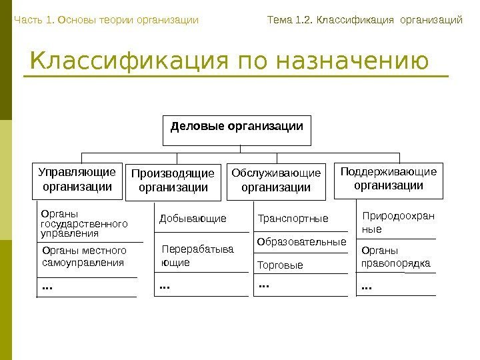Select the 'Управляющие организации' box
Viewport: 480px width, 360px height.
tap(77, 180)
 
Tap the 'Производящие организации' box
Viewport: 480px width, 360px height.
tap(173, 181)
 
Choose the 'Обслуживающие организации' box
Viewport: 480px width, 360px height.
tap(276, 181)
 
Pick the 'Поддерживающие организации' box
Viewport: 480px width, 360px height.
tap(389, 179)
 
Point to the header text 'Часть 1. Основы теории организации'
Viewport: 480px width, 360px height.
tap(106, 20)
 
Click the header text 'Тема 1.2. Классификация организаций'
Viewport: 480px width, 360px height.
tap(364, 20)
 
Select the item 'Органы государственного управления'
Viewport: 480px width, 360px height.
tap(84, 225)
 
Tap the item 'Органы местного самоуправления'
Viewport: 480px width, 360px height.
tap(84, 257)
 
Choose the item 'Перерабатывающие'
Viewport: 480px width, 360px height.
tap(198, 256)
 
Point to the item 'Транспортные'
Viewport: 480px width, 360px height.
tap(293, 219)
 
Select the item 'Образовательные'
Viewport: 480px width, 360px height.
tap(302, 241)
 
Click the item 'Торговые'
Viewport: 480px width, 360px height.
tap(280, 265)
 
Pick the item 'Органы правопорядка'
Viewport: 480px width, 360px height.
tap(395, 257)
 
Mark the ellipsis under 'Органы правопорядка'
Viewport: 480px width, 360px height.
tap(366, 287)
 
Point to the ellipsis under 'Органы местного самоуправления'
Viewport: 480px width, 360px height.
tap(47, 287)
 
